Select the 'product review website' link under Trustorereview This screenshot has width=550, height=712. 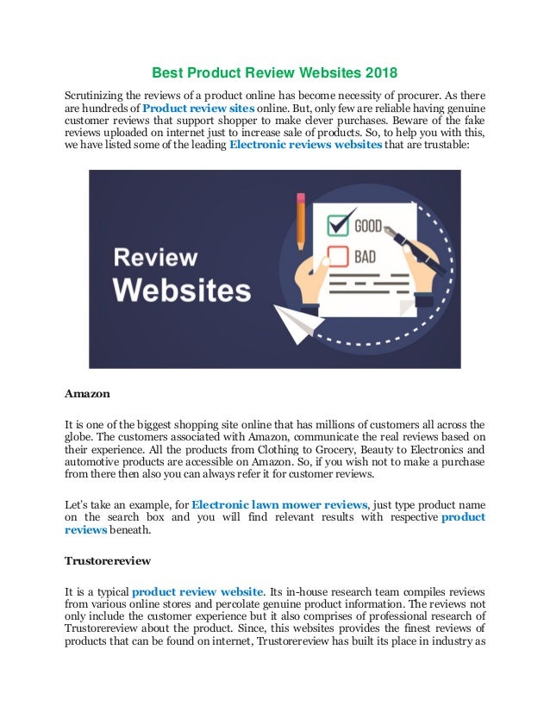pyautogui.click(x=197, y=591)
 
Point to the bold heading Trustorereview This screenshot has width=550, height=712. pyautogui.click(x=108, y=560)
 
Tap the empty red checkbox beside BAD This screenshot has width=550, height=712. pyautogui.click(x=337, y=255)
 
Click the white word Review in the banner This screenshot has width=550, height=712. pyautogui.click(x=156, y=257)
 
